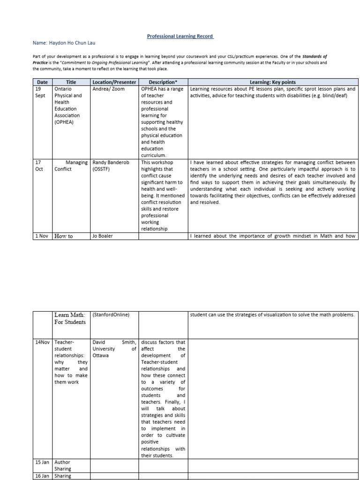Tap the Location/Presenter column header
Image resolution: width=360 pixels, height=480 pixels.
tap(115, 82)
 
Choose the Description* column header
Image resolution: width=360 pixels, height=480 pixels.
tap(163, 82)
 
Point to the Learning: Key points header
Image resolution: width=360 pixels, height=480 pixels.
tap(273, 82)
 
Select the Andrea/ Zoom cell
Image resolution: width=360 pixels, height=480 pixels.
tap(109, 89)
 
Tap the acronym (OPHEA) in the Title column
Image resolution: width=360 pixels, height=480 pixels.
tap(67, 122)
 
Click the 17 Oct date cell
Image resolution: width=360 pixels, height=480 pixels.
tap(40, 165)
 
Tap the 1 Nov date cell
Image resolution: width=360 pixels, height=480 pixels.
tap(42, 236)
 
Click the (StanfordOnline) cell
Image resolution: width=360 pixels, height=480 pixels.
tap(111, 315)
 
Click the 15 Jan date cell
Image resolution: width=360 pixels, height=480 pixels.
tap(43, 462)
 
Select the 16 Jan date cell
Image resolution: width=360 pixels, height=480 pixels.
tap(43, 476)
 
